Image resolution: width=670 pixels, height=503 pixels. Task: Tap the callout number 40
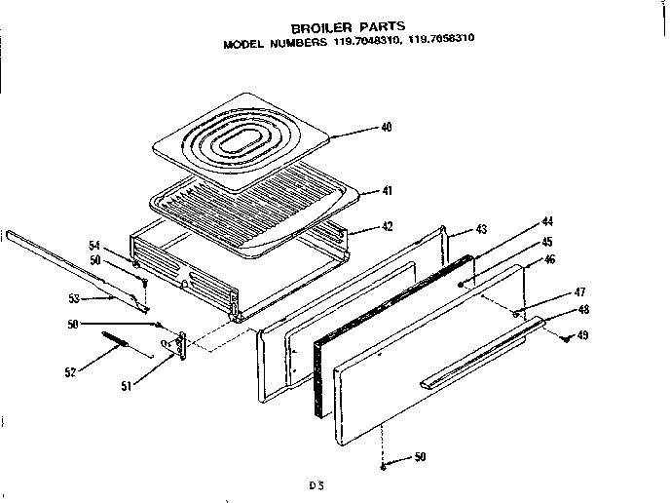387,128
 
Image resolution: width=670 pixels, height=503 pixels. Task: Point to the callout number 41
387,190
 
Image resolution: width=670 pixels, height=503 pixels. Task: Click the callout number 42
387,226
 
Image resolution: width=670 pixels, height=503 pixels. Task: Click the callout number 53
75,298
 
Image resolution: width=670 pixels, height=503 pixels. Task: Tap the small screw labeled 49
565,336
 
